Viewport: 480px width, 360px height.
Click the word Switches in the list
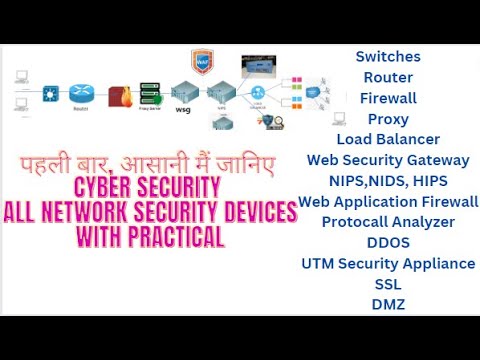[x=388, y=57]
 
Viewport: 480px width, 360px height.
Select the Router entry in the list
[x=388, y=77]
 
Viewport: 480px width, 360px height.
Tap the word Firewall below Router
[x=388, y=98]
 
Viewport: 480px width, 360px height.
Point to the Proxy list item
[x=388, y=119]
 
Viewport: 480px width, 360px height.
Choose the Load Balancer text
[x=388, y=139]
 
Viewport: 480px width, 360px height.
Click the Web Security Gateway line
[x=388, y=160]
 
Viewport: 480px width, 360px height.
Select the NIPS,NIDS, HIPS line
[x=388, y=181]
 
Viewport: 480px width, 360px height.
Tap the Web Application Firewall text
[x=389, y=201]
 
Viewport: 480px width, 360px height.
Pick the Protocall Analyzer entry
[x=388, y=222]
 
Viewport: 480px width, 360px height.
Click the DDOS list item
[x=388, y=243]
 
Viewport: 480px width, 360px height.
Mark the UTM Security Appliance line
[x=388, y=263]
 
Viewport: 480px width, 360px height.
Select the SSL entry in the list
[x=388, y=284]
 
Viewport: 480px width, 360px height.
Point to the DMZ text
[x=388, y=304]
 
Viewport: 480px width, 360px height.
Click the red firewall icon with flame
[x=120, y=96]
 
